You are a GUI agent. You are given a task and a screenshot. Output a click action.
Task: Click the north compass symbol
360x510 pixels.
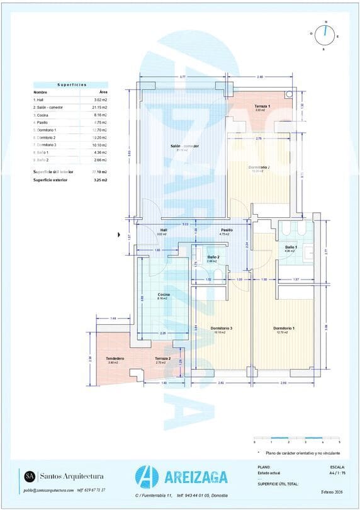pos(325,35)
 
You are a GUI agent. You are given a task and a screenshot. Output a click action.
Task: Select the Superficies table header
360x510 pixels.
pos(71,84)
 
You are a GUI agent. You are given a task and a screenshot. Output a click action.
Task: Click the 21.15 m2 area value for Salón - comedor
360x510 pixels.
pos(101,108)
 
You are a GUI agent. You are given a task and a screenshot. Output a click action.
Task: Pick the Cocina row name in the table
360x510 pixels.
pos(42,115)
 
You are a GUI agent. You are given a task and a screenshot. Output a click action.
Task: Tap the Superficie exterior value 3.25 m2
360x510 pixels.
pos(101,180)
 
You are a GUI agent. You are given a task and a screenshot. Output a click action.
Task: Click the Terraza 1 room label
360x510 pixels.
pos(262,106)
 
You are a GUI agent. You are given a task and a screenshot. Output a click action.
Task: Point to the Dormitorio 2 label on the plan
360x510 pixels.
pos(259,167)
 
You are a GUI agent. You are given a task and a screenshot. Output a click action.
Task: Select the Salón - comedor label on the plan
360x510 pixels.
pos(184,146)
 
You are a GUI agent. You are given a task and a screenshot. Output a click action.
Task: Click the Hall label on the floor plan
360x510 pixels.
pos(164,230)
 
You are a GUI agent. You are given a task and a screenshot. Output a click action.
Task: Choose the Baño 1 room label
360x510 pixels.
pos(290,247)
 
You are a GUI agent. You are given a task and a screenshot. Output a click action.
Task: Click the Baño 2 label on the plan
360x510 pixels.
pos(213,257)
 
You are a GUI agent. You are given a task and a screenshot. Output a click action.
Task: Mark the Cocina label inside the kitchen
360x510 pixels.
pos(164,295)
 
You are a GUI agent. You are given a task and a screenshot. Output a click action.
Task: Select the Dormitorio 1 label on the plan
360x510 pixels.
pos(284,328)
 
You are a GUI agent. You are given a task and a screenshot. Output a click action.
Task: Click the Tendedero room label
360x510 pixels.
pos(115,358)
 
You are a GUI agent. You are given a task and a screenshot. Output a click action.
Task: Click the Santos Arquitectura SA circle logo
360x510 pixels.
pos(30,476)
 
